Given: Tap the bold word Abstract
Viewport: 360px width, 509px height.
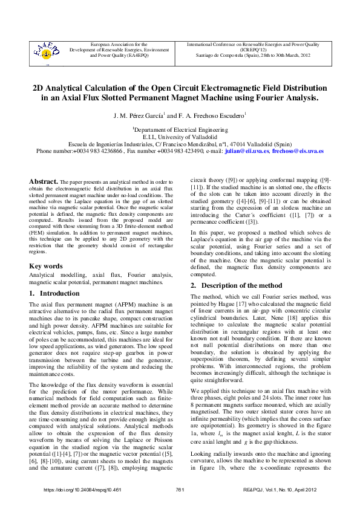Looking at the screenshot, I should pos(44,181).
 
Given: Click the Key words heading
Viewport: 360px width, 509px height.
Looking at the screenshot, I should pos(46,266).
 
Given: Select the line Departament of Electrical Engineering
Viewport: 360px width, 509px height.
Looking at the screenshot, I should pos(180,129).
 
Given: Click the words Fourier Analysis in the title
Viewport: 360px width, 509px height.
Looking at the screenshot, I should pos(284,97).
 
